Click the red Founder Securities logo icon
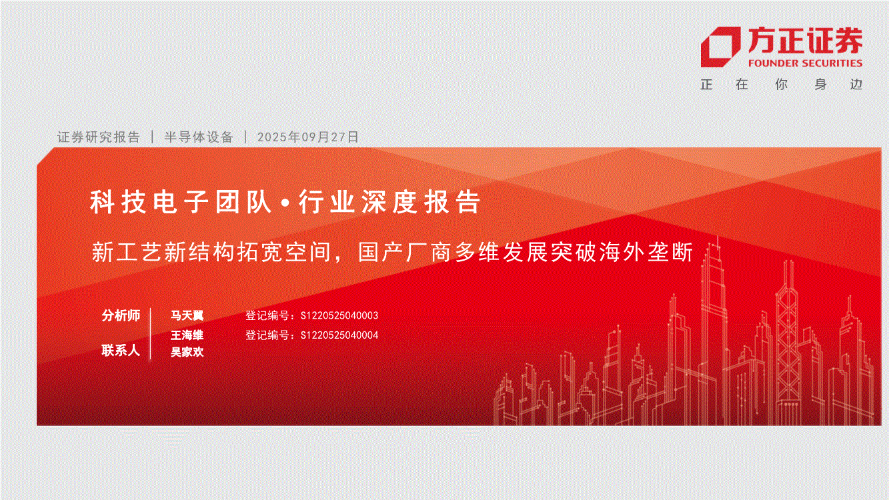720,47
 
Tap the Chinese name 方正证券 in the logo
805,41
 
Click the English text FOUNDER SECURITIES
805,63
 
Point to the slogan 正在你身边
782,85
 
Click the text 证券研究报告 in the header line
99,137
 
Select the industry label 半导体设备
199,137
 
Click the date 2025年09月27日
308,137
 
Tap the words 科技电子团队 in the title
181,202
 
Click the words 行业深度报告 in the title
389,202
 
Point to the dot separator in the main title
285,203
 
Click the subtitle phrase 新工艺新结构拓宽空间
211,252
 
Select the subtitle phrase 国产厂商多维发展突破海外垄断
526,252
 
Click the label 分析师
121,315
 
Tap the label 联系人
121,351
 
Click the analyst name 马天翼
187,315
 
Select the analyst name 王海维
187,335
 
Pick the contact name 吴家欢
187,352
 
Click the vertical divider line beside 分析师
151,334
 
